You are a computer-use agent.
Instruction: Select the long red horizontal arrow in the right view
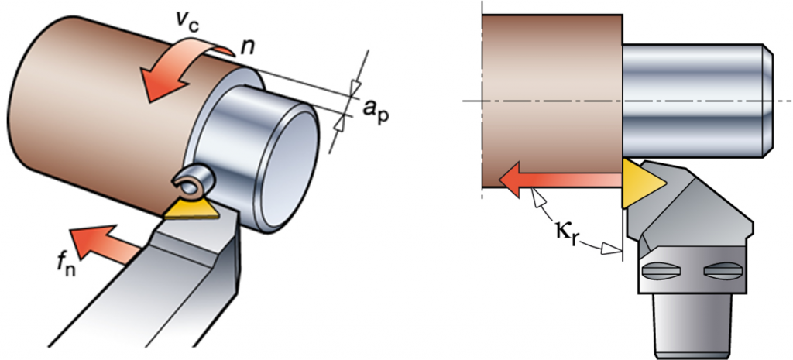(x=558, y=180)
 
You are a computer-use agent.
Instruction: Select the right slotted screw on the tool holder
(x=723, y=272)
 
